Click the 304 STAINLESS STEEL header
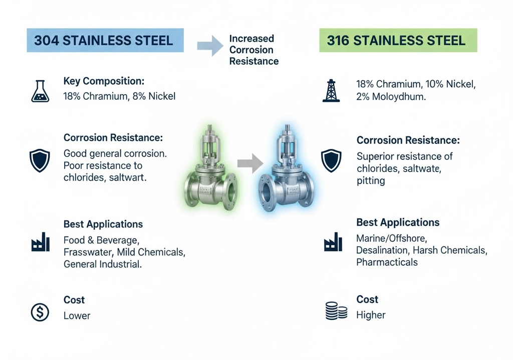pyautogui.click(x=105, y=40)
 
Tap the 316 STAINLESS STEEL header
pyautogui.click(x=398, y=40)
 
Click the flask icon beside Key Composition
pyautogui.click(x=40, y=91)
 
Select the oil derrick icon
pyautogui.click(x=331, y=90)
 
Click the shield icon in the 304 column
pyautogui.click(x=40, y=160)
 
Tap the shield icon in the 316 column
pyautogui.click(x=331, y=160)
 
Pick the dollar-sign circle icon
pyautogui.click(x=40, y=312)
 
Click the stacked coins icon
pyautogui.click(x=336, y=310)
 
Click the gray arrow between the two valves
pyautogui.click(x=250, y=163)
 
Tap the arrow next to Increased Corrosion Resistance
pyautogui.click(x=210, y=46)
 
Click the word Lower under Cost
pyautogui.click(x=77, y=315)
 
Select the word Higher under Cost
pyautogui.click(x=371, y=315)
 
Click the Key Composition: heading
pyautogui.click(x=104, y=81)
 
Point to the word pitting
pyautogui.click(x=371, y=181)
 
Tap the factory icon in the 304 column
pyautogui.click(x=40, y=242)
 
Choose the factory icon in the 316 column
pyautogui.click(x=333, y=242)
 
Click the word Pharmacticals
pyautogui.click(x=387, y=262)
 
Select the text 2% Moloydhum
pyautogui.click(x=391, y=97)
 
